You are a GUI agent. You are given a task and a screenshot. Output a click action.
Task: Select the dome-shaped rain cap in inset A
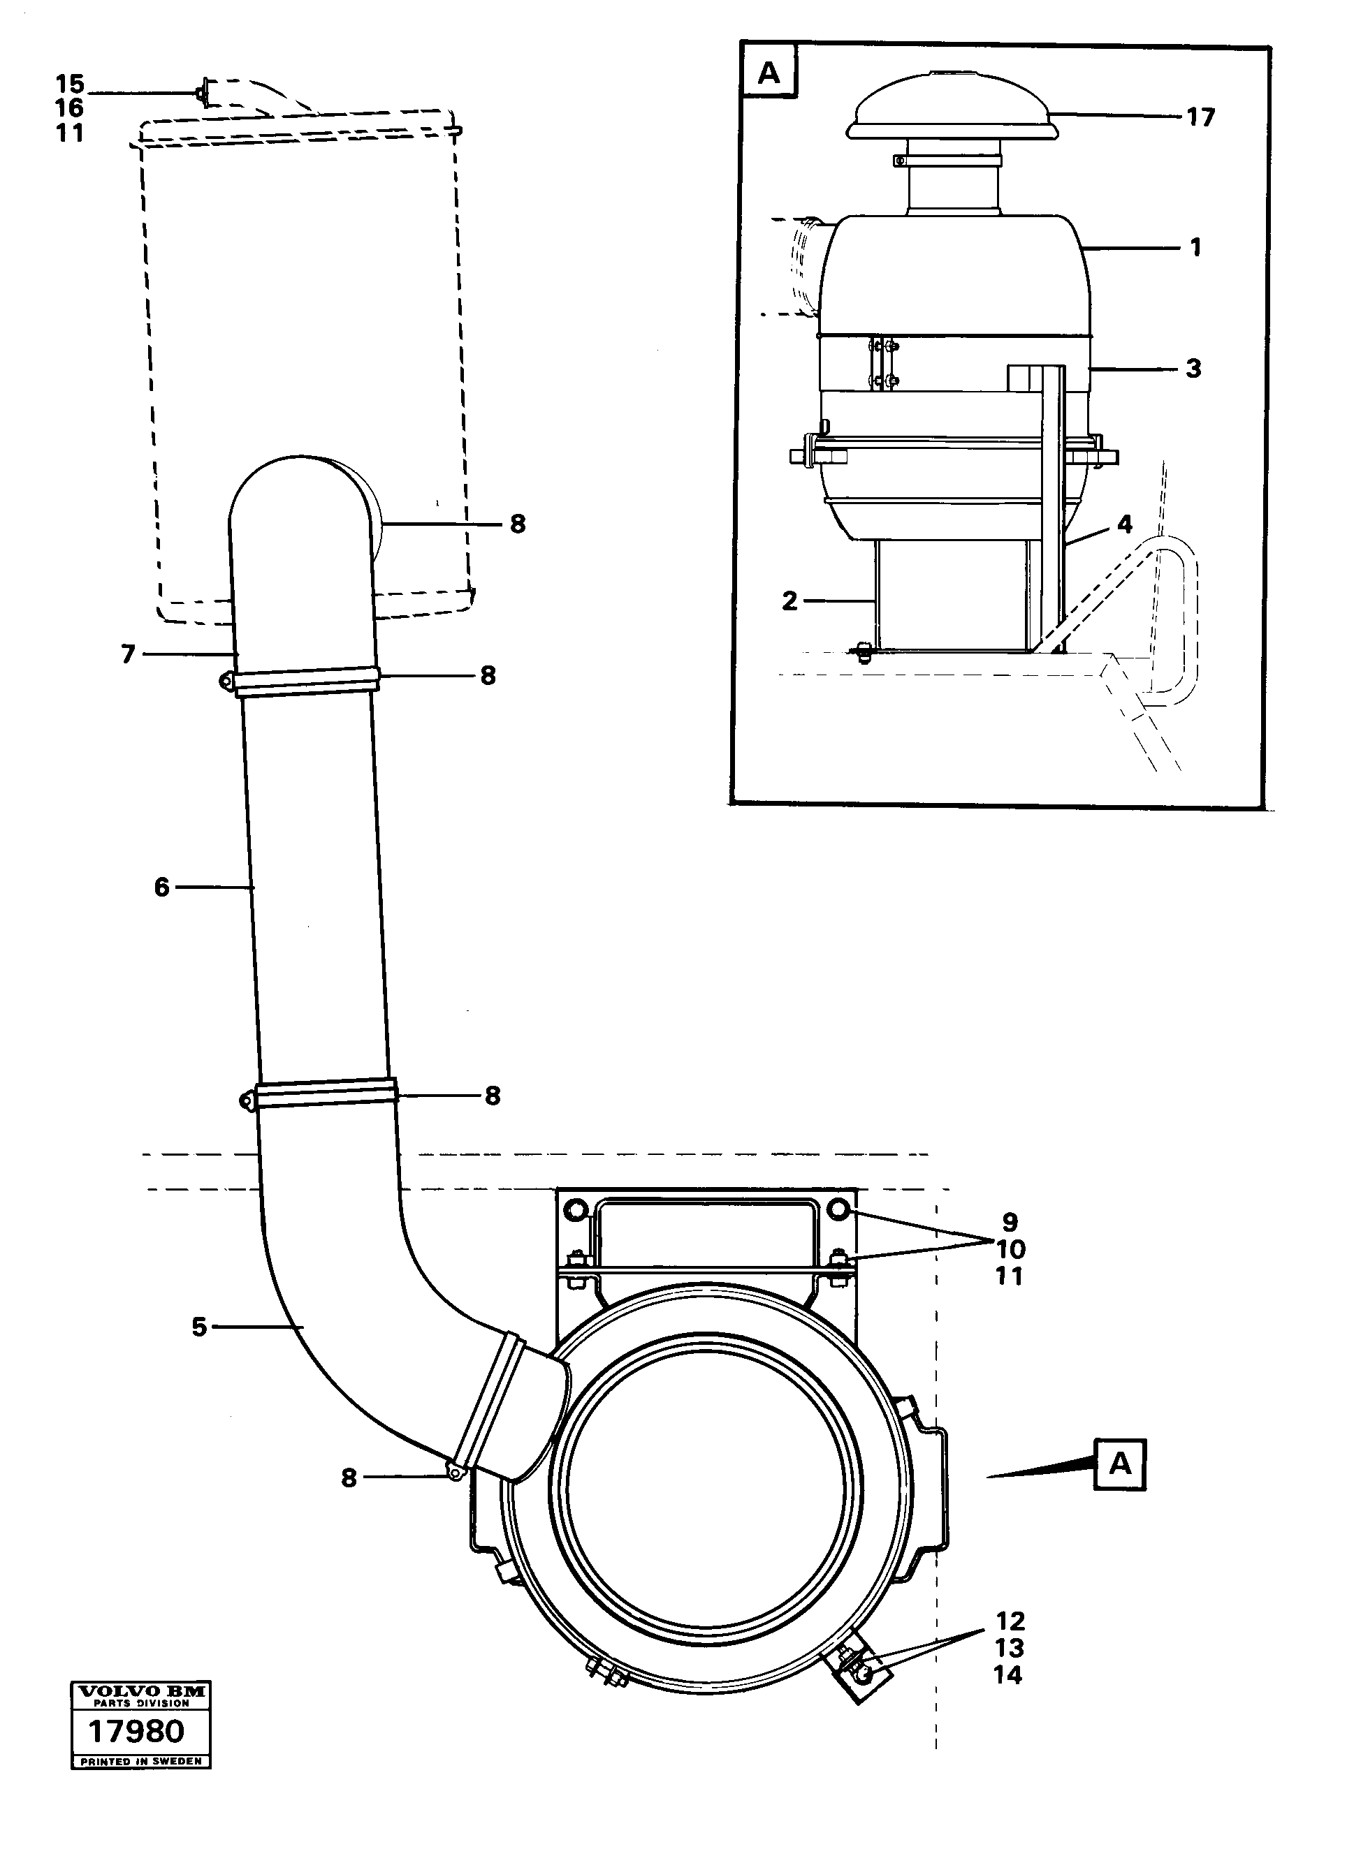(x=952, y=108)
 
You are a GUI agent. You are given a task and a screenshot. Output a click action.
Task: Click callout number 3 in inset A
(x=1193, y=369)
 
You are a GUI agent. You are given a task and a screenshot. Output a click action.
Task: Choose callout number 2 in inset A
(x=789, y=601)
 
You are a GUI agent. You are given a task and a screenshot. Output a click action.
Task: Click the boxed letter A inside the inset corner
(x=768, y=73)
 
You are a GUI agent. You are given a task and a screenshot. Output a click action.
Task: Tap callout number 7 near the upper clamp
(x=128, y=654)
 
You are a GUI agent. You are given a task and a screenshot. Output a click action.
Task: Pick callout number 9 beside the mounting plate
(x=1010, y=1222)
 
